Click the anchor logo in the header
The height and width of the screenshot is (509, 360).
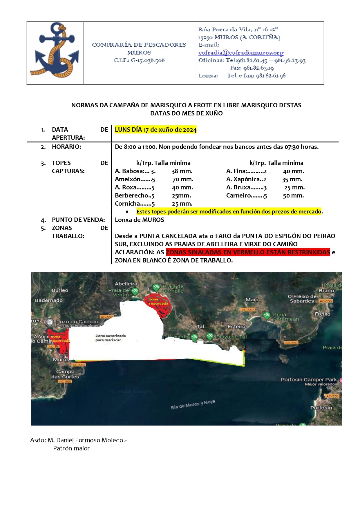pyautogui.click(x=55, y=50)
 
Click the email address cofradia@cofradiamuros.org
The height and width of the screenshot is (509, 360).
pyautogui.click(x=241, y=52)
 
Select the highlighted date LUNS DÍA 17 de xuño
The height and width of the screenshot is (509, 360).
pyautogui.click(x=155, y=130)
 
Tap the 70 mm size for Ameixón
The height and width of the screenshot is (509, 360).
pyautogui.click(x=183, y=179)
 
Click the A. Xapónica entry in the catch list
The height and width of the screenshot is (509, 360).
pyautogui.click(x=246, y=179)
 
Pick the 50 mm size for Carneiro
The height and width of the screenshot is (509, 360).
pyautogui.click(x=293, y=195)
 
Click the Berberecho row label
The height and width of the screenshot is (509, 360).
pyautogui.click(x=134, y=195)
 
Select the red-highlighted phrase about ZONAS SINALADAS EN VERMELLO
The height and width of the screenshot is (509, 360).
pyautogui.click(x=248, y=252)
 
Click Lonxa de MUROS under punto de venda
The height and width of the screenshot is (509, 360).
pyautogui.click(x=140, y=220)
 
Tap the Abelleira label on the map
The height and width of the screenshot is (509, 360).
pyautogui.click(x=126, y=284)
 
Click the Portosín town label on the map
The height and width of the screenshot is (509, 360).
pyautogui.click(x=321, y=407)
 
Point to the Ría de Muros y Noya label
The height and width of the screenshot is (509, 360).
pyautogui.click(x=193, y=404)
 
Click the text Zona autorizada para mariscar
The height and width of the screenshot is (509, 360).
pyautogui.click(x=111, y=338)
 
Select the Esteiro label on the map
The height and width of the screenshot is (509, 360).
pyautogui.click(x=236, y=327)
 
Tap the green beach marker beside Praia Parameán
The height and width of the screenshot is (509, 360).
pyautogui.click(x=266, y=315)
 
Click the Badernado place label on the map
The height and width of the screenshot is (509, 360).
pyautogui.click(x=49, y=300)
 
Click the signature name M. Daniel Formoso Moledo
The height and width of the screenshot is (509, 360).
pyautogui.click(x=87, y=440)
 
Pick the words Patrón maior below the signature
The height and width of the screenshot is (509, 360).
pyautogui.click(x=71, y=448)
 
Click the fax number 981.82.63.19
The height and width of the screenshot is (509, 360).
pyautogui.click(x=258, y=68)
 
